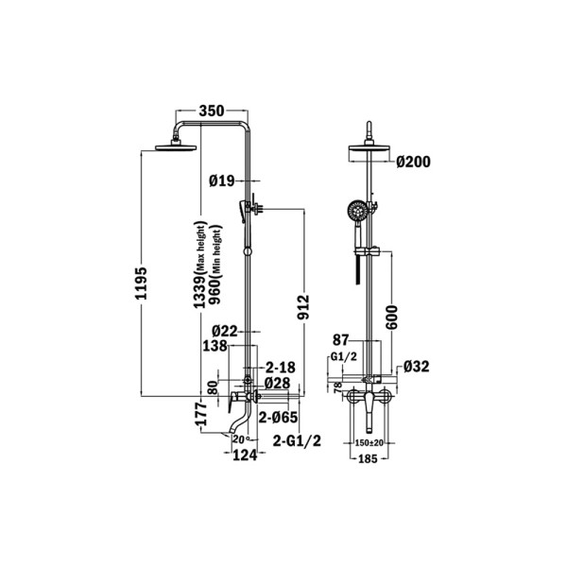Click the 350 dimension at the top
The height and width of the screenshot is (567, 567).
pyautogui.click(x=212, y=111)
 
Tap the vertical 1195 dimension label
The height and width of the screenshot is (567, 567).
pyautogui.click(x=141, y=283)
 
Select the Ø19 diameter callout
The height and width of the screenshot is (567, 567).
pyautogui.click(x=222, y=180)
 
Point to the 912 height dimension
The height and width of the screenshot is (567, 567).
pyautogui.click(x=303, y=308)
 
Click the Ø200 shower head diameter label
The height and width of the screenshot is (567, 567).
pyautogui.click(x=413, y=162)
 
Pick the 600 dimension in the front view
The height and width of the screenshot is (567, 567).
pyautogui.click(x=391, y=318)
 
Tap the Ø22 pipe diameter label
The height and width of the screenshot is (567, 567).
pyautogui.click(x=225, y=331)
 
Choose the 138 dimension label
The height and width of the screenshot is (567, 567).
pyautogui.click(x=215, y=346)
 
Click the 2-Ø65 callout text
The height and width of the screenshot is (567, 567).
pyautogui.click(x=278, y=418)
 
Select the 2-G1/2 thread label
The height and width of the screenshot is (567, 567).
pyautogui.click(x=297, y=440)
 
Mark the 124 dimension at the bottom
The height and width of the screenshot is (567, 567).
pyautogui.click(x=245, y=455)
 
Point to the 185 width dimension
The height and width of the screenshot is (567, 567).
pyautogui.click(x=368, y=459)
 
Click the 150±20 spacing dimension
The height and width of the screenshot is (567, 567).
pyautogui.click(x=369, y=442)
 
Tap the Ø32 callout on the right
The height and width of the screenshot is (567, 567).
pyautogui.click(x=416, y=367)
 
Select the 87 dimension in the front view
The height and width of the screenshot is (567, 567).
pyautogui.click(x=341, y=340)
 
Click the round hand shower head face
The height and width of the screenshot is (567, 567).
pyautogui.click(x=357, y=211)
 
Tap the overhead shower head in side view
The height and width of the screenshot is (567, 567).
pyautogui.click(x=176, y=146)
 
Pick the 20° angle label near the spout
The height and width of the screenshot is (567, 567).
pyautogui.click(x=242, y=439)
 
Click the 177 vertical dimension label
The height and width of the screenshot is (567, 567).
pyautogui.click(x=200, y=414)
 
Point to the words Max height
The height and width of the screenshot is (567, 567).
pyautogui.click(x=200, y=247)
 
